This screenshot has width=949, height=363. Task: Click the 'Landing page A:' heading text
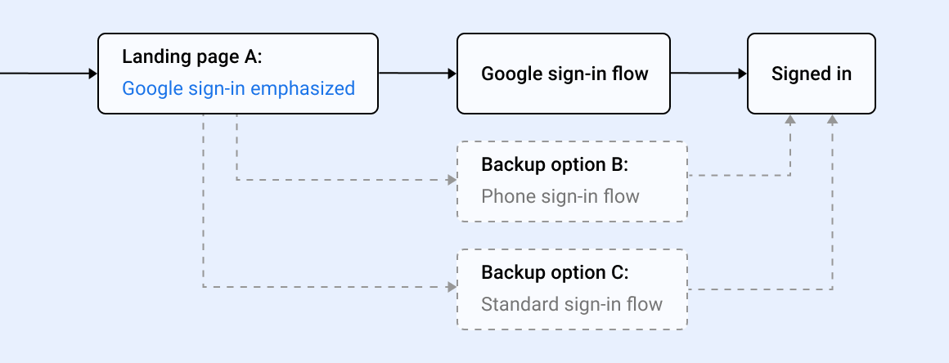point(192,57)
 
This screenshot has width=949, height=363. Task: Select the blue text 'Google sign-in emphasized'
point(239,88)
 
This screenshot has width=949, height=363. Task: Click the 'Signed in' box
point(812,74)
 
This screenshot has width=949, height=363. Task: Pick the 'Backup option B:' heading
point(555,164)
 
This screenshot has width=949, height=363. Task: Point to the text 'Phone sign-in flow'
point(560,196)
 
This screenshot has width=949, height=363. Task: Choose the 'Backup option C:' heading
point(555,272)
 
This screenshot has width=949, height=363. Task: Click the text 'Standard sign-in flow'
point(572,305)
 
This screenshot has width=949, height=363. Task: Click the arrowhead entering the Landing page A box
point(92,74)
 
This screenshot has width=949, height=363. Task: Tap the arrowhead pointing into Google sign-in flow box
point(451,74)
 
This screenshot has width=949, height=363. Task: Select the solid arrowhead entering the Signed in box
point(742,74)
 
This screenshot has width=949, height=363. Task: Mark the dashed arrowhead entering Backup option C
point(452,287)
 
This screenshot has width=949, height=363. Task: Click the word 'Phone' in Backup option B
point(504,196)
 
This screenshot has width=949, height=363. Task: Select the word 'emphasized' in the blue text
point(303,88)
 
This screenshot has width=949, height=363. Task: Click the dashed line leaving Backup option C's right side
point(761,289)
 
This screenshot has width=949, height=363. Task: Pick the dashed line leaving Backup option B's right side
point(736,175)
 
